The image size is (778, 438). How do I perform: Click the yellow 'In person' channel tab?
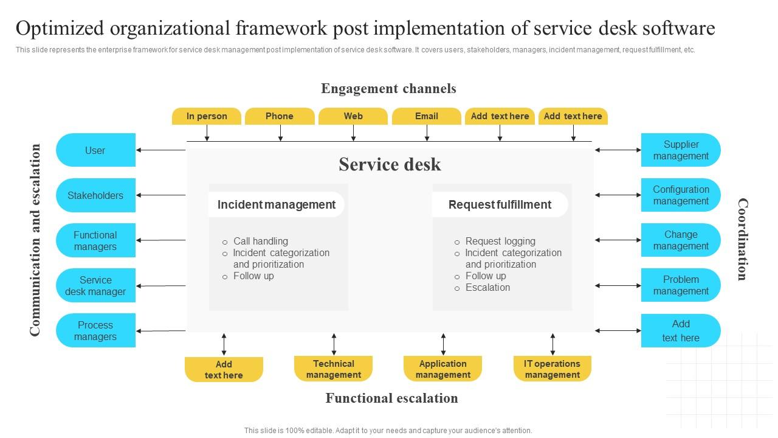point(207,116)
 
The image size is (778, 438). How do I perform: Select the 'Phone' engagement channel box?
point(280,116)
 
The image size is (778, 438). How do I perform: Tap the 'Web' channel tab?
point(353,116)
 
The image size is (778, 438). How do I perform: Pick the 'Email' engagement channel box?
point(427,116)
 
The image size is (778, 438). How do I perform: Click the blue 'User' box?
point(95,150)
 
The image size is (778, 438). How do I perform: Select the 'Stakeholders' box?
point(95,195)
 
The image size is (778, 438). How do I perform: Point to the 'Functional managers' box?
point(95,240)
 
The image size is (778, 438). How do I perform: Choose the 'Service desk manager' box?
point(95,285)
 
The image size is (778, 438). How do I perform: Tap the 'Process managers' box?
point(95,330)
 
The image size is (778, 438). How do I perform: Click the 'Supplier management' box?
point(681,150)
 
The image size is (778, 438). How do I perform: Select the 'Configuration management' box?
point(681,195)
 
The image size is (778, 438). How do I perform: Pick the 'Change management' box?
point(681,240)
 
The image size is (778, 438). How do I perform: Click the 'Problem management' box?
point(681,285)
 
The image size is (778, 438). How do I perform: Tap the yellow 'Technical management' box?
point(333,369)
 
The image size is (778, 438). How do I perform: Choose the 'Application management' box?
point(442,369)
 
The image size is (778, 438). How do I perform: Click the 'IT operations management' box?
point(552,369)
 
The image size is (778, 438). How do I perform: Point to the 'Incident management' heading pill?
point(277,204)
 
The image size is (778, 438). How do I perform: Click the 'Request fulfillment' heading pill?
point(500,204)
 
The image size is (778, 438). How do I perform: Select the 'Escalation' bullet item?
point(487,287)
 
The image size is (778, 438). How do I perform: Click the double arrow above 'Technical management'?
point(334,344)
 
